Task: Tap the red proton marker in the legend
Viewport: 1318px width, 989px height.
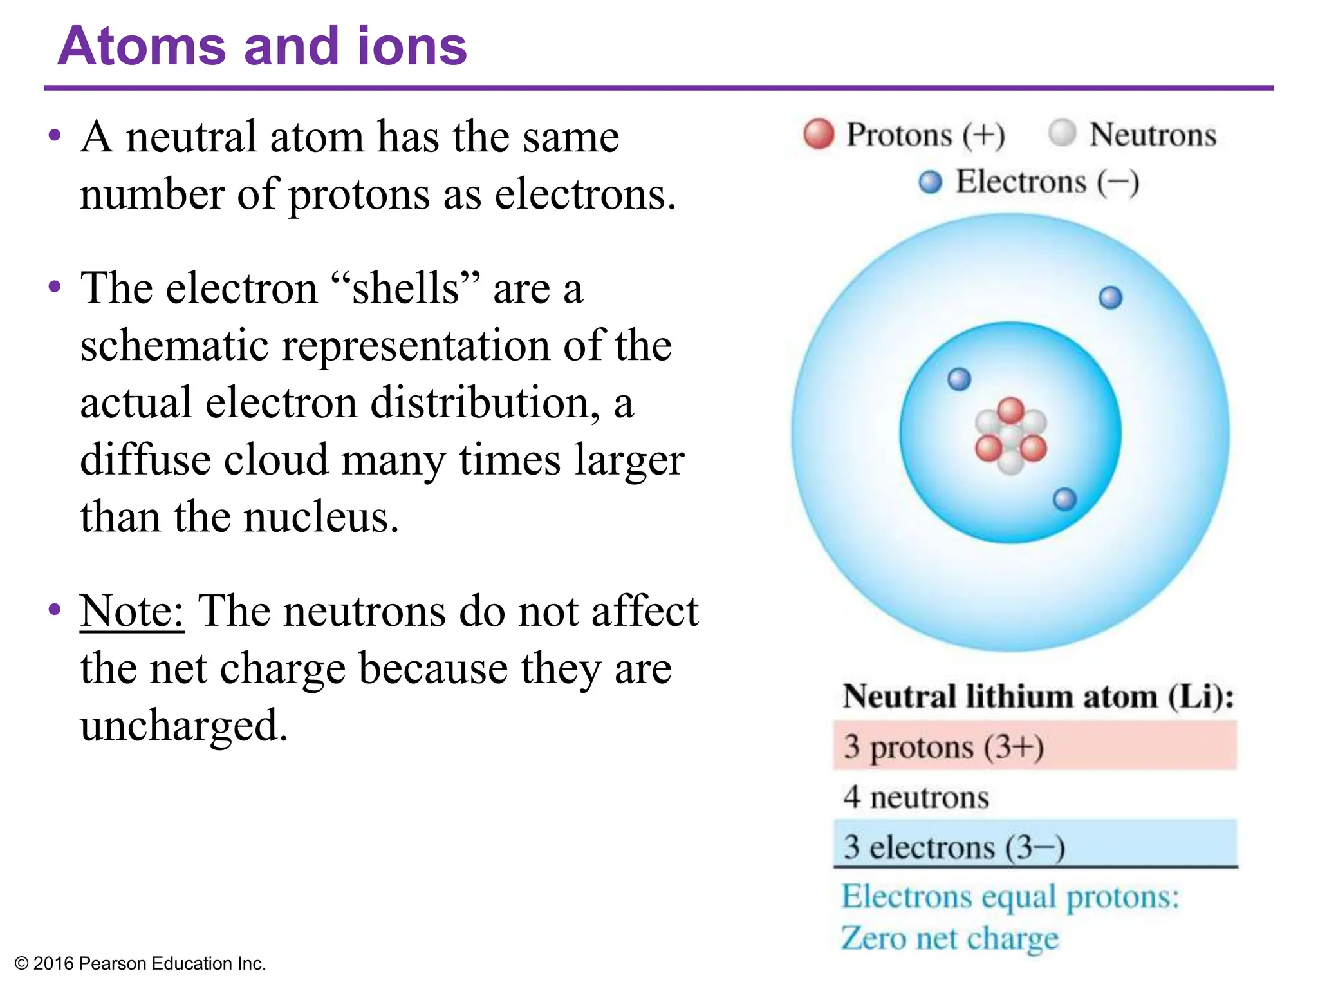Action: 819,134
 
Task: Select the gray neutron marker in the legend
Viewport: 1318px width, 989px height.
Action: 1062,133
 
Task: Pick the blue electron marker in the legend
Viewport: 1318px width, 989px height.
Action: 930,182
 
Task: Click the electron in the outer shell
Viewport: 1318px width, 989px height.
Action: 1110,297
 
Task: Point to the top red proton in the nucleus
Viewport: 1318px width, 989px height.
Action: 1010,410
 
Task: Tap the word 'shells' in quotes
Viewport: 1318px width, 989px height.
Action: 405,288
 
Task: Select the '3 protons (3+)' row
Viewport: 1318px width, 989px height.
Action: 1034,746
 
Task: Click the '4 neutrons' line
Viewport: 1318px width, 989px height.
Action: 916,797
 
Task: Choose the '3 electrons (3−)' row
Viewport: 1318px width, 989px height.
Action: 1034,846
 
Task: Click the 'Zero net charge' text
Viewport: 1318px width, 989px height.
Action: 949,938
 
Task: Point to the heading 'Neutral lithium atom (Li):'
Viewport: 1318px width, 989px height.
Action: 1038,697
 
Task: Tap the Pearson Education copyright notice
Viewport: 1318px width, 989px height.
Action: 140,963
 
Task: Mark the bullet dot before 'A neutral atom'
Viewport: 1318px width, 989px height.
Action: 55,136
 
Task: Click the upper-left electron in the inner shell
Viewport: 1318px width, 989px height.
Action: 959,379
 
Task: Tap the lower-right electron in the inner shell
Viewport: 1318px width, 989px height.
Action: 1064,499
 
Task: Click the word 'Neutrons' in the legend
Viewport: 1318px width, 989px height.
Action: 1152,135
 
